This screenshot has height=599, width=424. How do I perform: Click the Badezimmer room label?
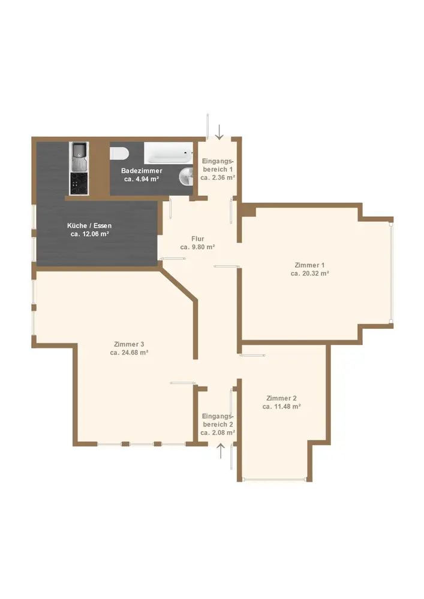click(x=142, y=171)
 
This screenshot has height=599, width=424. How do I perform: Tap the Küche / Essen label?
click(x=89, y=225)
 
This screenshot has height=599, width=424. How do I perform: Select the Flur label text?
click(x=198, y=239)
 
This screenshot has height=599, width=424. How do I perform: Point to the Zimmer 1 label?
click(x=309, y=265)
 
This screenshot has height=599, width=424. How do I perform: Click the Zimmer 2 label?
click(x=281, y=398)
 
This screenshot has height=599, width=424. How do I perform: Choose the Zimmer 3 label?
click(x=129, y=344)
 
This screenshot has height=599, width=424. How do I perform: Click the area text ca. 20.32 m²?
click(x=309, y=274)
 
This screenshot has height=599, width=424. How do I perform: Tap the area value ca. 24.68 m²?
click(x=129, y=353)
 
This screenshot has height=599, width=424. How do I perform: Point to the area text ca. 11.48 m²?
click(x=281, y=407)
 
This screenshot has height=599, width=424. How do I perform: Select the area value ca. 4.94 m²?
click(x=142, y=179)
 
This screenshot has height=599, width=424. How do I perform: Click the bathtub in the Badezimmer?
click(x=169, y=153)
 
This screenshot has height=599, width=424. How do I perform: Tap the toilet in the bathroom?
click(x=119, y=153)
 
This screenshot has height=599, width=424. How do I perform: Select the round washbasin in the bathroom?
click(x=186, y=176)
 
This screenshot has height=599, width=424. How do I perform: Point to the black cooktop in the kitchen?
click(x=79, y=183)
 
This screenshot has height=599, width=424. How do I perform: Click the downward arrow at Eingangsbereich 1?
click(x=219, y=132)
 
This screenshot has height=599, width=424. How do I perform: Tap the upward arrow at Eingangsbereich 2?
click(x=221, y=450)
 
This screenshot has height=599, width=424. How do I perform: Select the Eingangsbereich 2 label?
click(x=218, y=420)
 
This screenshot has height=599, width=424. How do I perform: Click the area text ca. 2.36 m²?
click(x=218, y=178)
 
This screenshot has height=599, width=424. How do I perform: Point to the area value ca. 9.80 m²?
click(x=198, y=247)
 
